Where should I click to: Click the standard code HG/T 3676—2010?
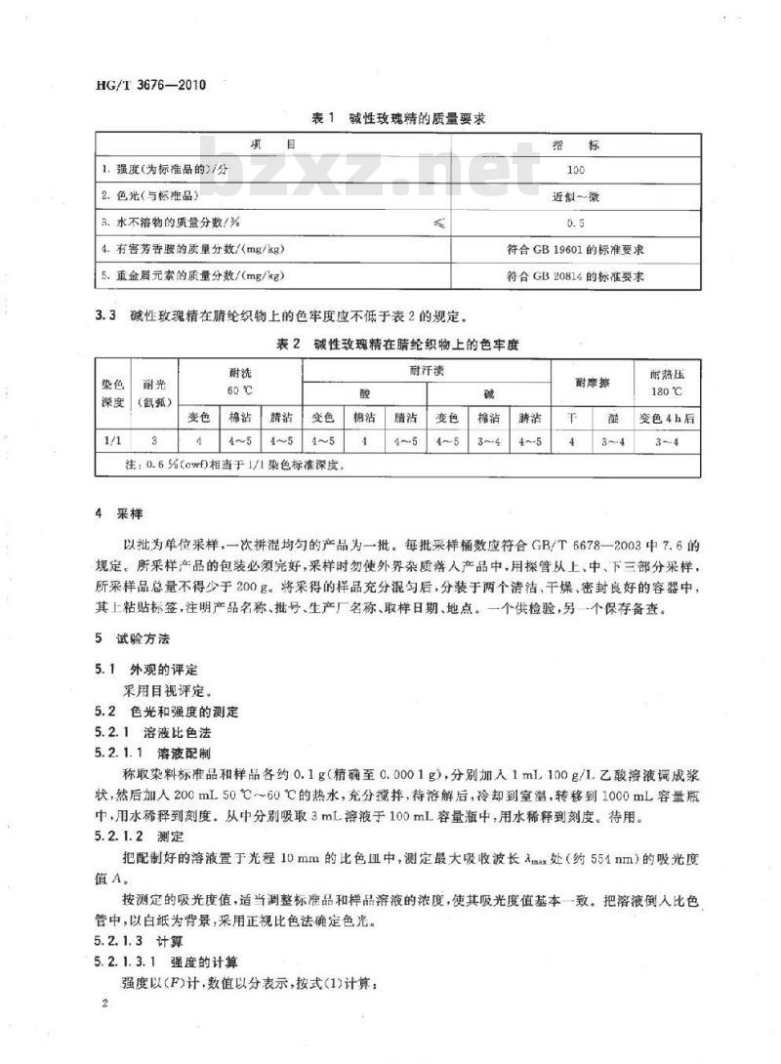pos(146,84)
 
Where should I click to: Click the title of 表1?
pos(397,119)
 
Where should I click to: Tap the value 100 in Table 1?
pos(575,170)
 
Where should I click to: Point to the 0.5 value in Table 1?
pos(575,224)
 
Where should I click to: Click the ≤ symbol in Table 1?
pos(438,224)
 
